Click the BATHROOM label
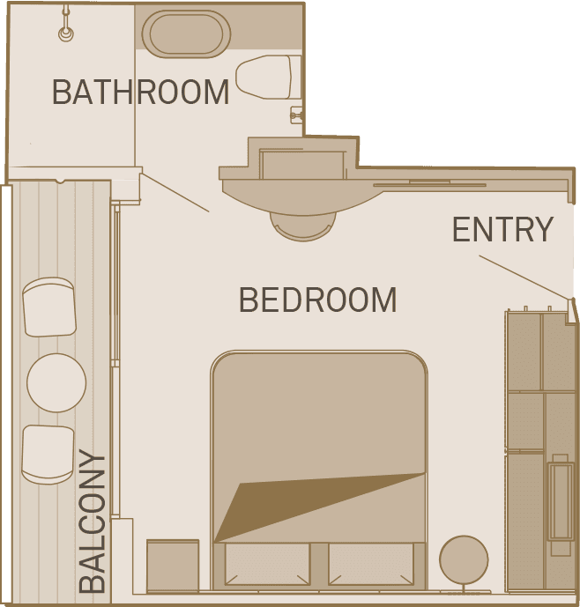140,92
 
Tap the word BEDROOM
317,300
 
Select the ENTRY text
502,230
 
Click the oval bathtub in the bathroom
186,34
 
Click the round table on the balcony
56,382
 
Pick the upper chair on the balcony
49,307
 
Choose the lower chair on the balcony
48,454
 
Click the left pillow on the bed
267,563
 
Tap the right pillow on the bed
371,563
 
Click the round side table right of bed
464,559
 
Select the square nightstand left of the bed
173,566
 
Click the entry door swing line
525,278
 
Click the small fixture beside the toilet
296,114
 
